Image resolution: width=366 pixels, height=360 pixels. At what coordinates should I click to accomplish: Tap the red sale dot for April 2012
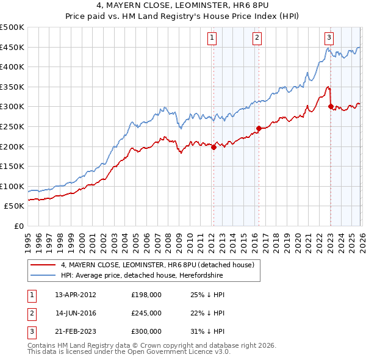pos(213,147)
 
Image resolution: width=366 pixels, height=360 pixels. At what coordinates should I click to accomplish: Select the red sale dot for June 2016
pos(259,128)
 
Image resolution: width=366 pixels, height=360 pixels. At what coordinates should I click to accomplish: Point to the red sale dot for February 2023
pos(331,106)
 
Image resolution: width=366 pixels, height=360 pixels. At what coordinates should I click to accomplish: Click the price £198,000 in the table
pos(146,295)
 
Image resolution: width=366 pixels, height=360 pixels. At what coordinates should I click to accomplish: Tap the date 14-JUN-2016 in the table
pos(76,313)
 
